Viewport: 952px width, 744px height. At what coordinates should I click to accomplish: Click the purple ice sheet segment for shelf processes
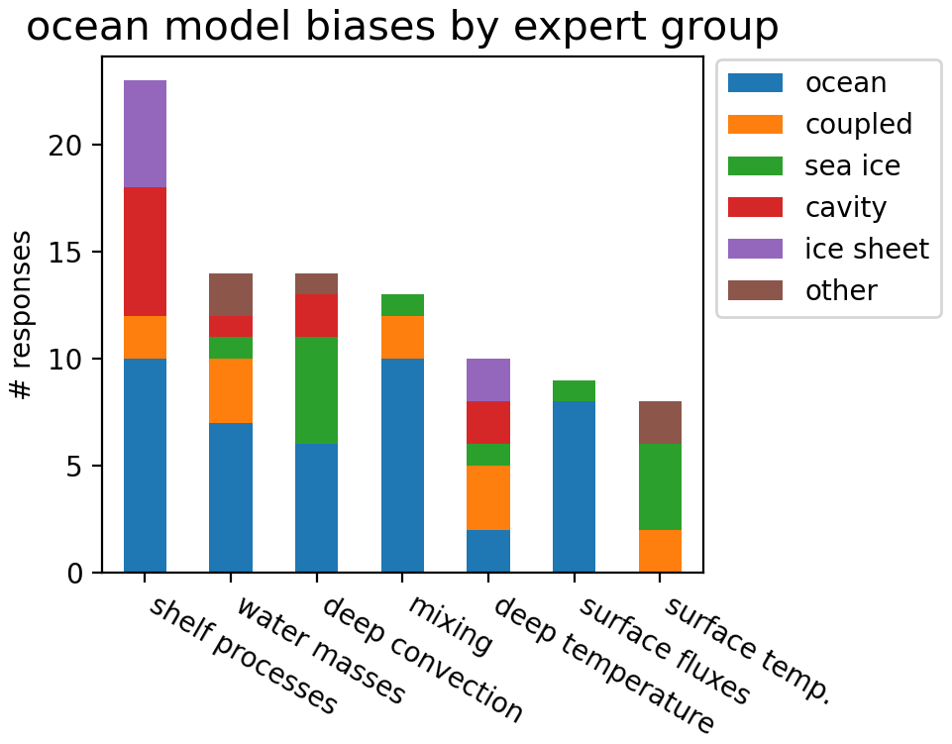point(145,134)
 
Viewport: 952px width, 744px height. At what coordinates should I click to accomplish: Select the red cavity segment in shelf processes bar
point(145,252)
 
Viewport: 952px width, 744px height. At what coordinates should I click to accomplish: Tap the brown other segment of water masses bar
point(231,294)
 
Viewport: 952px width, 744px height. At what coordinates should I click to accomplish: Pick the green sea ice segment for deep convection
point(316,390)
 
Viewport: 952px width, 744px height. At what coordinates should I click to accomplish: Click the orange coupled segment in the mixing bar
point(402,337)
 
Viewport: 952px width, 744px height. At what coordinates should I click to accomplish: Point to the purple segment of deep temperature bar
point(488,380)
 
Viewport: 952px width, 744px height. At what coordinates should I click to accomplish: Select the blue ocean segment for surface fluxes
point(574,487)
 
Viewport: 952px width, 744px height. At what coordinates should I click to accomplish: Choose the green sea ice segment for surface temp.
point(660,487)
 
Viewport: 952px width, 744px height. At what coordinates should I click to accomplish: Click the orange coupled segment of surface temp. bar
point(660,552)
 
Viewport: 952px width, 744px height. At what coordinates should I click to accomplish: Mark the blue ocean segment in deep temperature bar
point(488,552)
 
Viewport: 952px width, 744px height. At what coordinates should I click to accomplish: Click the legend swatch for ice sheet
point(755,249)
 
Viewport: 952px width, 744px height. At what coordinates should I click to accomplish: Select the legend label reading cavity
point(846,208)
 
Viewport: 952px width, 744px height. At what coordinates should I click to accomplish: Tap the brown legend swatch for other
point(755,290)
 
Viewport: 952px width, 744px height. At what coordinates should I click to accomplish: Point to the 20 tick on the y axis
point(97,146)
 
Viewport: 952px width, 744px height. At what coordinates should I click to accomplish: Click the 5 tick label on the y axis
point(74,467)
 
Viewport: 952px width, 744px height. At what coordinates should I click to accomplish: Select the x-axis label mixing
point(450,625)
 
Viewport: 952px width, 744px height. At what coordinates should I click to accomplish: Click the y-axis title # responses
point(21,315)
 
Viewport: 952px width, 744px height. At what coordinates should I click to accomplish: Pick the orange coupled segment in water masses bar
point(231,390)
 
